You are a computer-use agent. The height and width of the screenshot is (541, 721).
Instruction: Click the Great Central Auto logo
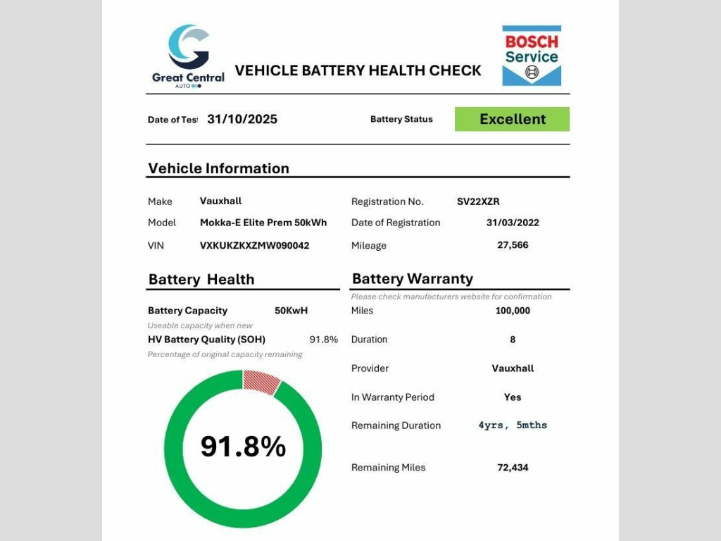tap(188, 56)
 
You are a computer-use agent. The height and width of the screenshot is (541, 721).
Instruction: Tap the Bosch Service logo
tap(532, 56)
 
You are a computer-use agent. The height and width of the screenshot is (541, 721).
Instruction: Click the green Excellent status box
tap(512, 119)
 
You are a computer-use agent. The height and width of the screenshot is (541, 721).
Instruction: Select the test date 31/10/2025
tap(242, 119)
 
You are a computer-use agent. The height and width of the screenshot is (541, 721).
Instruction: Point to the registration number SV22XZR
tap(478, 201)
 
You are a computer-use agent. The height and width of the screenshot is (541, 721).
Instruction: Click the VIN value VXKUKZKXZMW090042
tap(254, 245)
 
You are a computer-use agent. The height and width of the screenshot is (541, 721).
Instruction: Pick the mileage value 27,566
tap(513, 245)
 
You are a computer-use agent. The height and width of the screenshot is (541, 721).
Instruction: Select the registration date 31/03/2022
tap(513, 223)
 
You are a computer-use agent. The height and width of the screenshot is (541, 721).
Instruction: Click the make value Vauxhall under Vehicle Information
tap(220, 201)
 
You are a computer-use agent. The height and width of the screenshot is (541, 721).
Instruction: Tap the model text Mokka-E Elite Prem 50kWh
tap(263, 223)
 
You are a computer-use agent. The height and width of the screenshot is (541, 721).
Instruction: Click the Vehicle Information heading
tap(218, 168)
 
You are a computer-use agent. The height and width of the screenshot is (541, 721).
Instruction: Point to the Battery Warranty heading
tap(413, 279)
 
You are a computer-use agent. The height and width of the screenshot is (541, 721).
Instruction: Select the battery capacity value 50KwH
tap(291, 311)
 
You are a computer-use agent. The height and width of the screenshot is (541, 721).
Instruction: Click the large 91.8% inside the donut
tap(244, 447)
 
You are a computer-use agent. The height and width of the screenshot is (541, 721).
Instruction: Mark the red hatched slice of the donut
tap(261, 380)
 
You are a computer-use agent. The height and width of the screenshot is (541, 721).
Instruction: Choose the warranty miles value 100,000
tap(513, 311)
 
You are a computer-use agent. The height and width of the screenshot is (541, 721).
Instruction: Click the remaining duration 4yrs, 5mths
tap(513, 425)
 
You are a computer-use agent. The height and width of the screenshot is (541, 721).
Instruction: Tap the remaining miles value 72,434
tap(513, 468)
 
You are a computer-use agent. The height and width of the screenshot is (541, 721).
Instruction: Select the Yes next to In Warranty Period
tap(513, 397)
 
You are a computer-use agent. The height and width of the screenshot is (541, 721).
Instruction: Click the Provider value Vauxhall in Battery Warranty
tap(513, 368)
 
